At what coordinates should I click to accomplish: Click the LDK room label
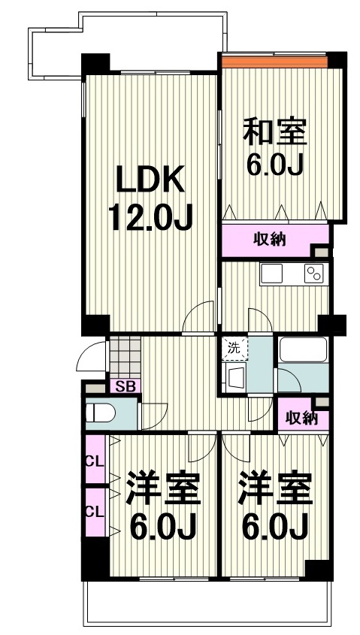[x=149, y=180]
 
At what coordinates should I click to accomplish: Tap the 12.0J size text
[x=150, y=217]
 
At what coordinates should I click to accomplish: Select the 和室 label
[x=274, y=132]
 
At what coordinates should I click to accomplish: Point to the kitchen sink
[x=271, y=274]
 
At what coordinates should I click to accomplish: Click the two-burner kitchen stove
[x=313, y=274]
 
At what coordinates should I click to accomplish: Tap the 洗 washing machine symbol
[x=234, y=348]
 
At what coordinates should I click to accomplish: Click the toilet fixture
[x=101, y=413]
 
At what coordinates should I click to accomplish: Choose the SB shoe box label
[x=125, y=387]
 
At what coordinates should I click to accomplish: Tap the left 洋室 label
[x=163, y=489]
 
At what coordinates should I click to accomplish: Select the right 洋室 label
[x=275, y=489]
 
